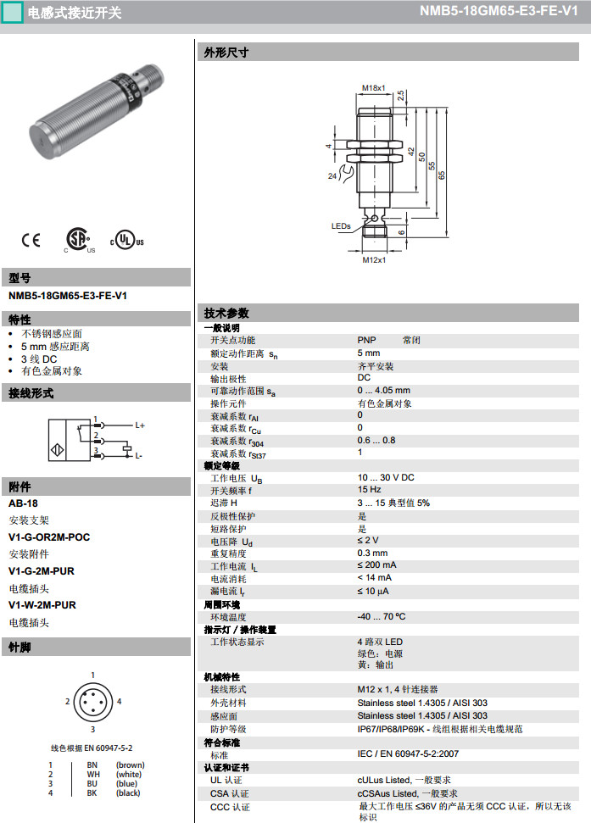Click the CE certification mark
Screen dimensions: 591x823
31,240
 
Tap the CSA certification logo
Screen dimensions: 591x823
79,240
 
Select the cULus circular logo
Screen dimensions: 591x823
126,240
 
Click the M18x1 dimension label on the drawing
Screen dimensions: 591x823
374,87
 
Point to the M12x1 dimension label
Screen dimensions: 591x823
374,260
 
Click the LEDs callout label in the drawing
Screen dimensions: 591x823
341,226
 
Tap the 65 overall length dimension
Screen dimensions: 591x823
442,175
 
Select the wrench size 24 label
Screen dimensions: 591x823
332,175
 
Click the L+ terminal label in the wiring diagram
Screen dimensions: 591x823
140,425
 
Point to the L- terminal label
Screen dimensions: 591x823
138,456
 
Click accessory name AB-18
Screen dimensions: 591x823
23,503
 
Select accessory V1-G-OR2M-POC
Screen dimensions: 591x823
49,537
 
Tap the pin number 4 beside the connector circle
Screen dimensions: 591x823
120,701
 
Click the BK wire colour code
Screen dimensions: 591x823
92,793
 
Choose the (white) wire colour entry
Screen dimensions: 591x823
129,774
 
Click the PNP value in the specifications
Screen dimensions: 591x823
366,340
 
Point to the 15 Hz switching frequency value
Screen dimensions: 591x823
370,489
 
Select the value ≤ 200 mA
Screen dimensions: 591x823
376,564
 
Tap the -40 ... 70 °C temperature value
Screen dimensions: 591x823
382,616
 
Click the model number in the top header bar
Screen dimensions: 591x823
499,11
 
